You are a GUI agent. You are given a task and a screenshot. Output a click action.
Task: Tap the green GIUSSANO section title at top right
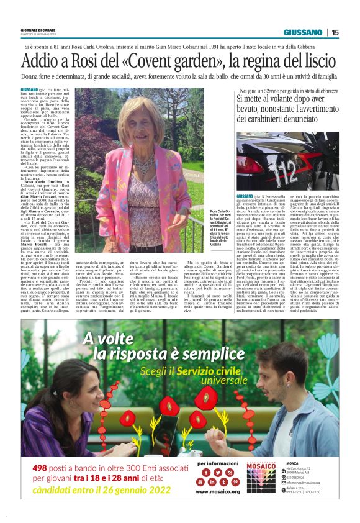pyautogui.click(x=303, y=32)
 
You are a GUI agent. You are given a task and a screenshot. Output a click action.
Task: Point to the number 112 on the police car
pyautogui.click(x=289, y=165)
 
